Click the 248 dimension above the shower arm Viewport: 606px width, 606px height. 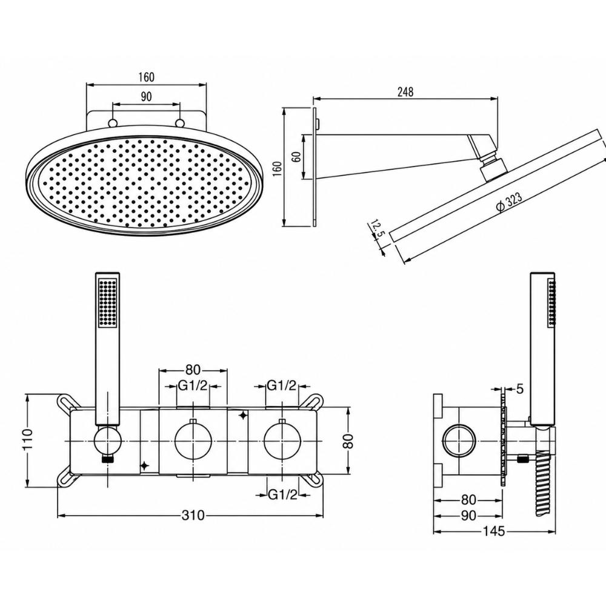[x=405, y=92]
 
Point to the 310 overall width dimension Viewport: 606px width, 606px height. [x=193, y=514]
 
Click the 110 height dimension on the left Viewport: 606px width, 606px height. [x=27, y=440]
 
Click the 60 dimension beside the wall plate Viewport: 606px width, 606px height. [x=296, y=157]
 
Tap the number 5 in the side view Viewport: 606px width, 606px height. [x=519, y=389]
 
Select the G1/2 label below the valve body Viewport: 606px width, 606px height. [x=282, y=494]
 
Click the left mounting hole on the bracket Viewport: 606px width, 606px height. [x=113, y=123]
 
